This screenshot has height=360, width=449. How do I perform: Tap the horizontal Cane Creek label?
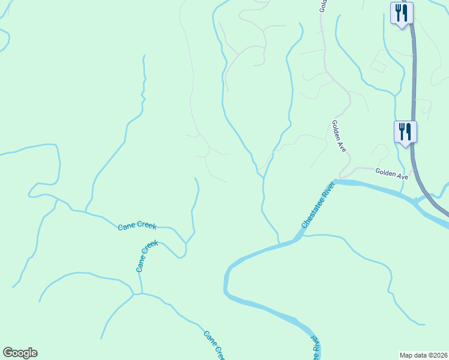click(x=137, y=226)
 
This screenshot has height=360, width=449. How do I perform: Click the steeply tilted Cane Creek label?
click(x=147, y=256)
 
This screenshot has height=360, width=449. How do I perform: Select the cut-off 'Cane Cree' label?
click(x=214, y=345)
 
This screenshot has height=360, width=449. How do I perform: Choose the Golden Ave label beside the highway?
click(x=391, y=173)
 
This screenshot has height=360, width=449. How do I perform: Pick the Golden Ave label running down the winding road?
click(x=339, y=136)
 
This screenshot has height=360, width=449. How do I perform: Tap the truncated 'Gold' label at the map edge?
click(x=322, y=6)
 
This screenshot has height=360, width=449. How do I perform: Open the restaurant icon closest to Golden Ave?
click(x=405, y=131)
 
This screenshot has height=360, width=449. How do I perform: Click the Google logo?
click(x=20, y=353)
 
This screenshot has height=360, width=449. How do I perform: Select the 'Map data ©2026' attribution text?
click(x=423, y=355)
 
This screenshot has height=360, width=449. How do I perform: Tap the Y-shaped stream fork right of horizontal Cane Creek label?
click(x=187, y=243)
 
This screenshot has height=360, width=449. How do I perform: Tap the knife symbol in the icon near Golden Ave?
click(x=408, y=130)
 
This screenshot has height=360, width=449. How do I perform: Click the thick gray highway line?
click(x=413, y=90)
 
